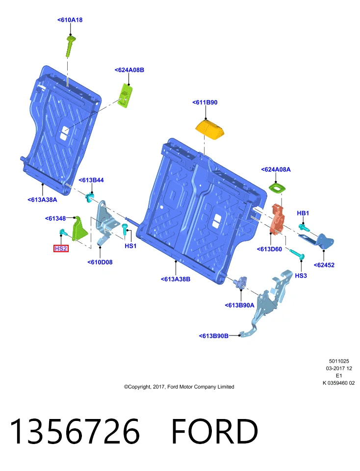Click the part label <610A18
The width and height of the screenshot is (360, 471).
tap(70, 20)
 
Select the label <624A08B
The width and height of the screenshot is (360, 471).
tap(129, 70)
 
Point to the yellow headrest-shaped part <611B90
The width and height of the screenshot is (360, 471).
tap(209, 129)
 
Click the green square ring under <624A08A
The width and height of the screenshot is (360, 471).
tap(277, 188)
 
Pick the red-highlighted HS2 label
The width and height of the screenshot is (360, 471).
tap(61, 249)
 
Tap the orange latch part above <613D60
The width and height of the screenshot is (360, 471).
tap(278, 219)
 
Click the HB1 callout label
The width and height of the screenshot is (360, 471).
tap(303, 213)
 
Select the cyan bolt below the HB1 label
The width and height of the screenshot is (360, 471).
tap(304, 227)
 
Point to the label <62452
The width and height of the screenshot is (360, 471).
tap(324, 265)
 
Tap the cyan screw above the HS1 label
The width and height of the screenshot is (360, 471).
tap(125, 229)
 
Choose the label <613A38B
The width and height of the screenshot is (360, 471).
tap(176, 279)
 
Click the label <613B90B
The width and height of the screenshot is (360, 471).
tap(213, 336)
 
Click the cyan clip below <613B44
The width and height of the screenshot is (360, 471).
tap(89, 197)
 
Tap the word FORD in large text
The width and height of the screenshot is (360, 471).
tap(214, 431)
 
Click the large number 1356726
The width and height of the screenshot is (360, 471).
tap(75, 431)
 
